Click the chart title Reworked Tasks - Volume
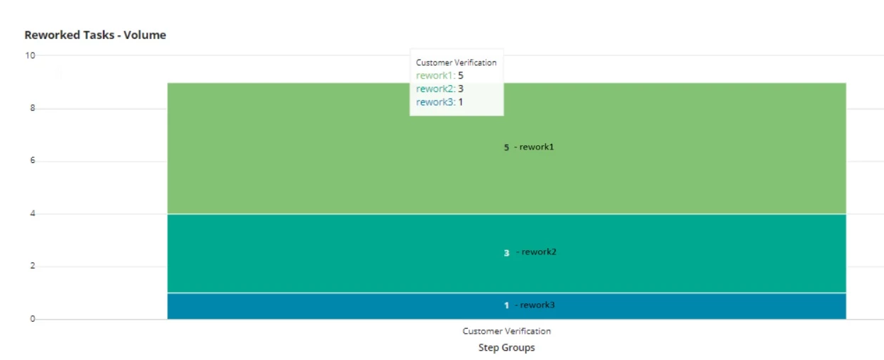coord(95,35)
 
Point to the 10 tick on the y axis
coord(30,55)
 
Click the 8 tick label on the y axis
coord(33,108)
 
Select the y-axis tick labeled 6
coord(33,160)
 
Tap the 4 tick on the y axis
coord(33,213)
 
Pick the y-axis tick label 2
coord(33,266)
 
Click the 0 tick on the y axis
coord(33,319)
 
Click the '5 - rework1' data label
coord(529,147)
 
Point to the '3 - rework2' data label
coord(530,252)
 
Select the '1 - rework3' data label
coord(530,305)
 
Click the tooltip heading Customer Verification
coord(457,62)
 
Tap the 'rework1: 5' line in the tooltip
coord(440,76)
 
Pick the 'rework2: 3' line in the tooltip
coord(440,89)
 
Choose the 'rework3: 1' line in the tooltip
coord(440,103)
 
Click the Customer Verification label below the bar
coord(507,331)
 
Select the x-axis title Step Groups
coord(507,348)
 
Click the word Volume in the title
coord(145,35)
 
